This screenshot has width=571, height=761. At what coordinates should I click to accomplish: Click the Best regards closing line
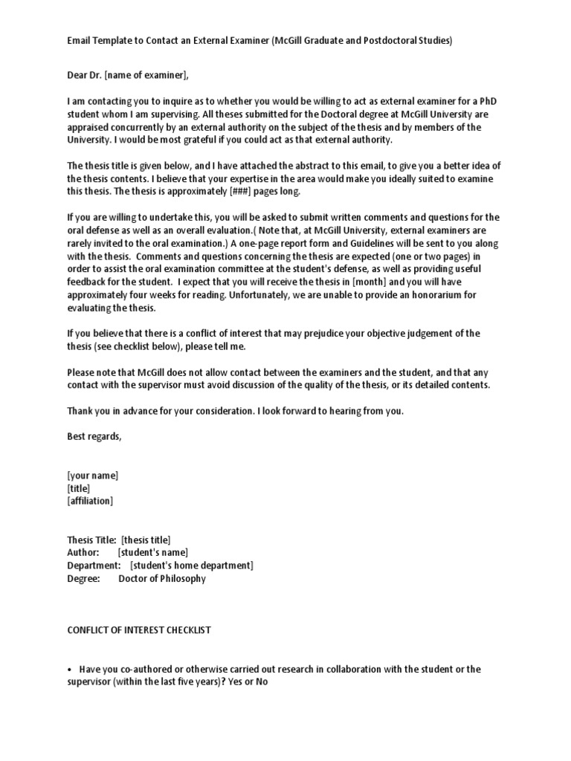[94, 437]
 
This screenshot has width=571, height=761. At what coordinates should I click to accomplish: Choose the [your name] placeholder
[93, 476]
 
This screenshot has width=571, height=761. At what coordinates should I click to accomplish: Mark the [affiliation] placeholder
[91, 501]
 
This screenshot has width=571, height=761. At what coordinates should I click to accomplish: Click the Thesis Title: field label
[91, 540]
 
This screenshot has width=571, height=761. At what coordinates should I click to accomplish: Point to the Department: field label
[94, 566]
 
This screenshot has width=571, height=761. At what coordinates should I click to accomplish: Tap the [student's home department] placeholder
[192, 566]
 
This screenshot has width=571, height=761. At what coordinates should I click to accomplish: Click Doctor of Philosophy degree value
[162, 578]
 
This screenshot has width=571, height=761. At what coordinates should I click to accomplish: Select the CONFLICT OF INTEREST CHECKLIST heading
[139, 630]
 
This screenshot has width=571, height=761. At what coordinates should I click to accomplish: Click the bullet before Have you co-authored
[69, 670]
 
